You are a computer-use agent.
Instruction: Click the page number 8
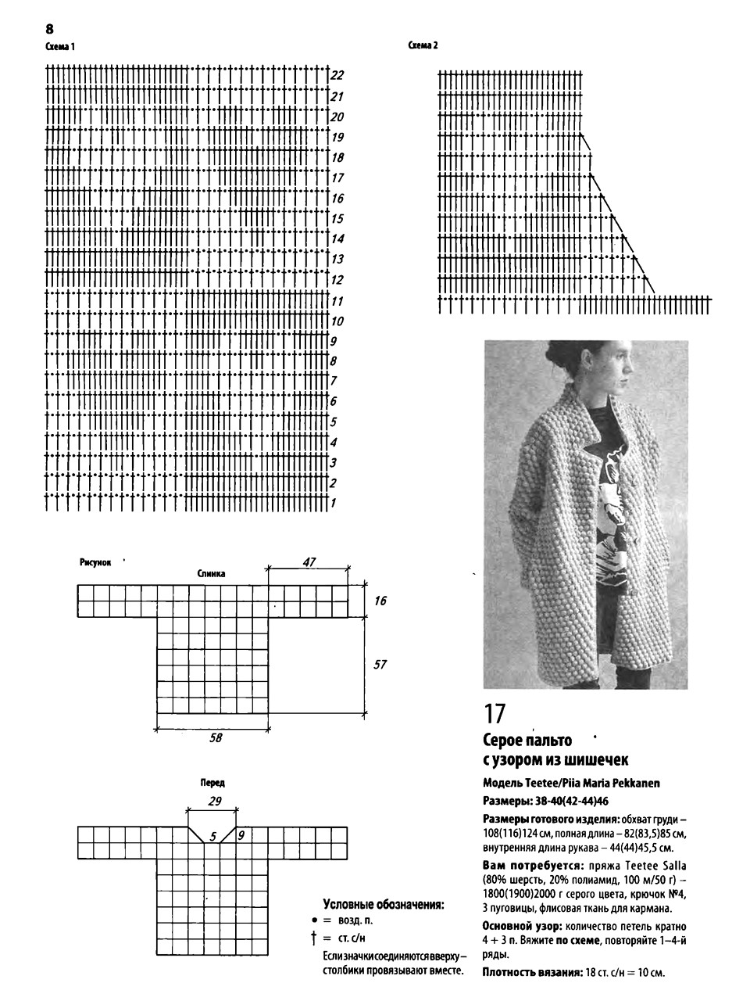pyautogui.click(x=50, y=29)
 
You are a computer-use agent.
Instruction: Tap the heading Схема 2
pyautogui.click(x=423, y=45)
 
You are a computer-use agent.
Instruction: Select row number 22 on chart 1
pyautogui.click(x=337, y=76)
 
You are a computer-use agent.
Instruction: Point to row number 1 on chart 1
pyautogui.click(x=333, y=503)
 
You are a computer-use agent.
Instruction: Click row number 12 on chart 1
pyautogui.click(x=337, y=280)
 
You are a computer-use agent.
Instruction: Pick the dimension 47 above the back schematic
pyautogui.click(x=309, y=561)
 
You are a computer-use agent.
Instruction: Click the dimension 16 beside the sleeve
pyautogui.click(x=380, y=601)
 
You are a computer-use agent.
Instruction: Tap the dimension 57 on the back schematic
pyautogui.click(x=380, y=665)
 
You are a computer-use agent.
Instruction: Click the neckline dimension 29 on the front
pyautogui.click(x=215, y=802)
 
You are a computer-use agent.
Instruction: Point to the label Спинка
pyautogui.click(x=212, y=573)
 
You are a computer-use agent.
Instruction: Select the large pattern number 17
pyautogui.click(x=495, y=713)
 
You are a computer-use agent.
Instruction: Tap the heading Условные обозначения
pyautogui.click(x=384, y=905)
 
